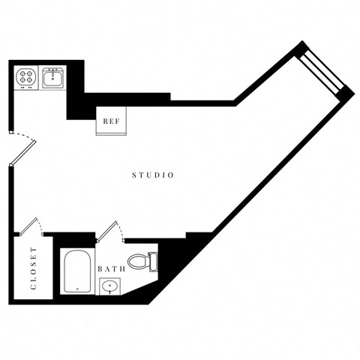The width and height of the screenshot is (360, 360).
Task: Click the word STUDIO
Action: click(153, 175)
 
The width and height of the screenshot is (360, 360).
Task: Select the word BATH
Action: click(111, 268)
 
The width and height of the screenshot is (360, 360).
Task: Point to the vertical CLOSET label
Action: click(33, 268)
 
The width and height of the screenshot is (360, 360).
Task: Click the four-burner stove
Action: click(26, 77)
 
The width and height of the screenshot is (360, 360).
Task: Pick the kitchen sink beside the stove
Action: click(52, 77)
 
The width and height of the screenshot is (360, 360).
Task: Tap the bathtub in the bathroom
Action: click(77, 271)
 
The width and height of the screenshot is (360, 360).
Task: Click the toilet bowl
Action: click(138, 262)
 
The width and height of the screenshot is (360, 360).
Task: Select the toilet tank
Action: click(153, 262)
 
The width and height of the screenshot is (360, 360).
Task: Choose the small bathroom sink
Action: click(109, 286)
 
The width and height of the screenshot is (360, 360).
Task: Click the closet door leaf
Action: click(29, 225)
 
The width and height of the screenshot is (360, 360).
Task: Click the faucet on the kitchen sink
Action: click(52, 71)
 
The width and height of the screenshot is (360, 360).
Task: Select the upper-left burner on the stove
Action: click(22, 73)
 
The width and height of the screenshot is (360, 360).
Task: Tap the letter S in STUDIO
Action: click(134, 175)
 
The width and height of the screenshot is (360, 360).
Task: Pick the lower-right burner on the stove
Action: click(31, 82)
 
